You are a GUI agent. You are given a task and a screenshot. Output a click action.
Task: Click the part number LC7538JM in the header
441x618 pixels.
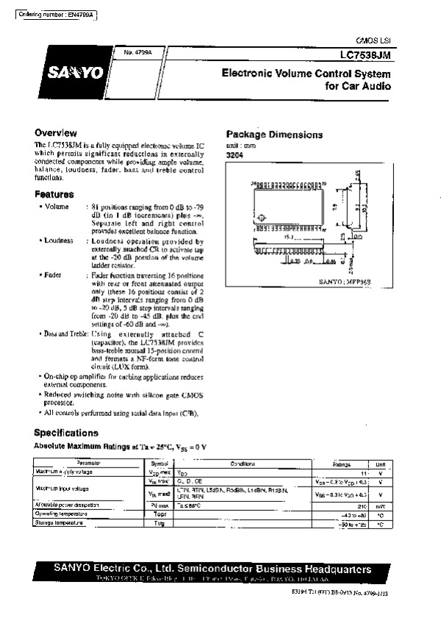(366, 54)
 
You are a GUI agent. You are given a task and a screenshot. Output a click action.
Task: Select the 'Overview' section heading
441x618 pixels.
(56, 132)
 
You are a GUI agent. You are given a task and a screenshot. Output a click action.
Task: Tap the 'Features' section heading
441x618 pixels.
(54, 195)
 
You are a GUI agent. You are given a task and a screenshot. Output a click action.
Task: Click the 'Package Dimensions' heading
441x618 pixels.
(274, 134)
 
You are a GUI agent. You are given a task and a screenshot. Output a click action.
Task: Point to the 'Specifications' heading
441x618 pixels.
(66, 433)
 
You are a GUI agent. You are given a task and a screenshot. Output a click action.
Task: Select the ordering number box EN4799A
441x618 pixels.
(56, 15)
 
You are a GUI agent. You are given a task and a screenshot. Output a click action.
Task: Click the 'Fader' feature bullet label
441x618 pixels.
(53, 274)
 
